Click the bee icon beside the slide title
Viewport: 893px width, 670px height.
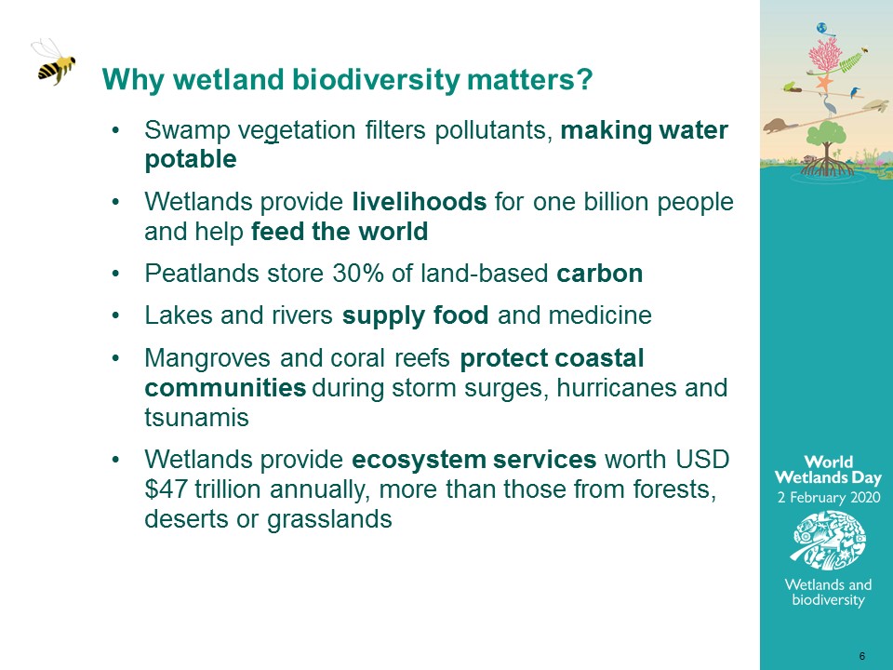[x=55, y=62]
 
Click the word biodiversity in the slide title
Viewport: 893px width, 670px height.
[x=376, y=80]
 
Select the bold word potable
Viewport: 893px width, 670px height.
[x=191, y=159]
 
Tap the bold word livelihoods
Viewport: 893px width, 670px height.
[x=420, y=202]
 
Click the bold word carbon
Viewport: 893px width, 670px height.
[x=600, y=274]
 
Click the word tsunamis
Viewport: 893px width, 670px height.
[x=196, y=418]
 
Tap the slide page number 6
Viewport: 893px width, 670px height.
[x=862, y=656]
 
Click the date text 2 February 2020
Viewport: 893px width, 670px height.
[x=829, y=497]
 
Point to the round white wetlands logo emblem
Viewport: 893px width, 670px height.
[x=829, y=540]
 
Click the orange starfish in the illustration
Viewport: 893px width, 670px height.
[x=823, y=83]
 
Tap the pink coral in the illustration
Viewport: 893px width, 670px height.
[x=825, y=57]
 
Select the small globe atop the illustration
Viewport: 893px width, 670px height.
[x=821, y=28]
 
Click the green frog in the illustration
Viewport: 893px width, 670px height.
[x=790, y=87]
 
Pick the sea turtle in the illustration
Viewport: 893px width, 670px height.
[x=876, y=105]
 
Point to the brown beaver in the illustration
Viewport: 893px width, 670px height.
[x=780, y=126]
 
